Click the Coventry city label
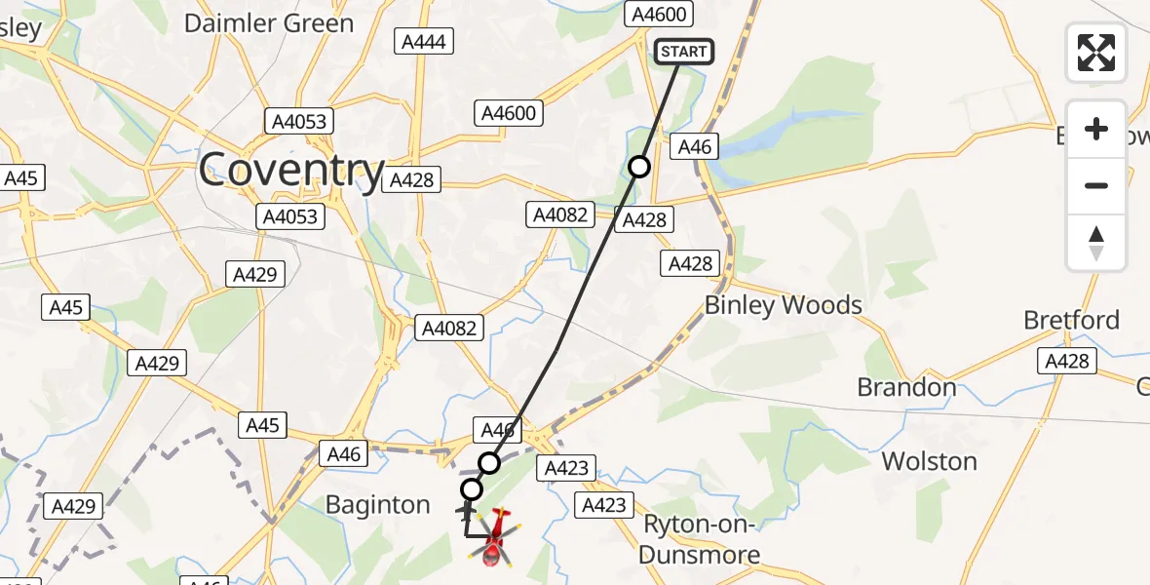point(291,171)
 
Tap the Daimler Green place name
point(269,23)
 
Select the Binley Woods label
point(783,305)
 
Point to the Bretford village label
point(1071,320)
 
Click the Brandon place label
point(906,387)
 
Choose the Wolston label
point(929,460)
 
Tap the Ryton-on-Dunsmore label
point(701,539)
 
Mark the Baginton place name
point(377,505)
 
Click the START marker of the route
point(684,52)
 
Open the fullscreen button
point(1096,53)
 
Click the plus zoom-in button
point(1096,130)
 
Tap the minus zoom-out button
point(1096,185)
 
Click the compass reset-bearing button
point(1096,242)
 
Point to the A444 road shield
point(423,41)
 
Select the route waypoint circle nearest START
point(639,167)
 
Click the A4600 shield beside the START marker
point(660,14)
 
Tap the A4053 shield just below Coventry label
point(290,215)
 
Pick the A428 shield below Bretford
point(1066,361)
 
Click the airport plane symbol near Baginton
point(466,510)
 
